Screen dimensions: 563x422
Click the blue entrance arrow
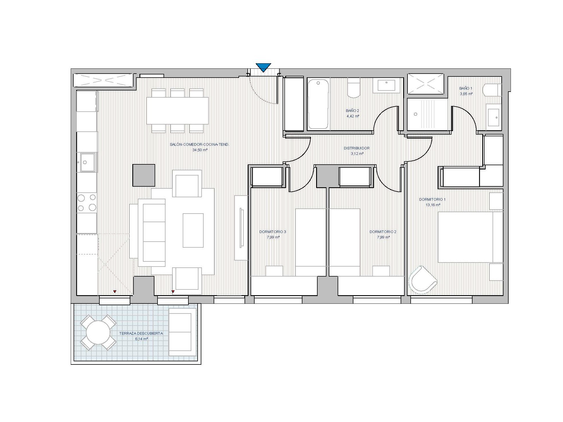click(263, 67)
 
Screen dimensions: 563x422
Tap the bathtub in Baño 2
click(318, 104)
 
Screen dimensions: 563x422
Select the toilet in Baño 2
click(353, 87)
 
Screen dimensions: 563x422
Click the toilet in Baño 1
click(492, 90)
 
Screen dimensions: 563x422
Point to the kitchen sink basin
click(88, 162)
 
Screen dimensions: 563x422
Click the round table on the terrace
click(98, 332)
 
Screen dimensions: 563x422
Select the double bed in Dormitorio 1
click(470, 237)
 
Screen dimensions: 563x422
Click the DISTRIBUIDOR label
click(357, 148)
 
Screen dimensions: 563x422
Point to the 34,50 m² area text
click(200, 150)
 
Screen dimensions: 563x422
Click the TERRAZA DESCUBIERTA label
click(141, 334)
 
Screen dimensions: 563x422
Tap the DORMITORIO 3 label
click(273, 232)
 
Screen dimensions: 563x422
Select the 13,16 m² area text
click(433, 205)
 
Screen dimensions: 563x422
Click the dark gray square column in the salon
click(144, 175)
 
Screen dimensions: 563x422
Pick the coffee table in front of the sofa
click(193, 230)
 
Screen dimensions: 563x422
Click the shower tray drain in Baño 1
click(416, 114)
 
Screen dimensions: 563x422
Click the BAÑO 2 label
click(353, 111)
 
